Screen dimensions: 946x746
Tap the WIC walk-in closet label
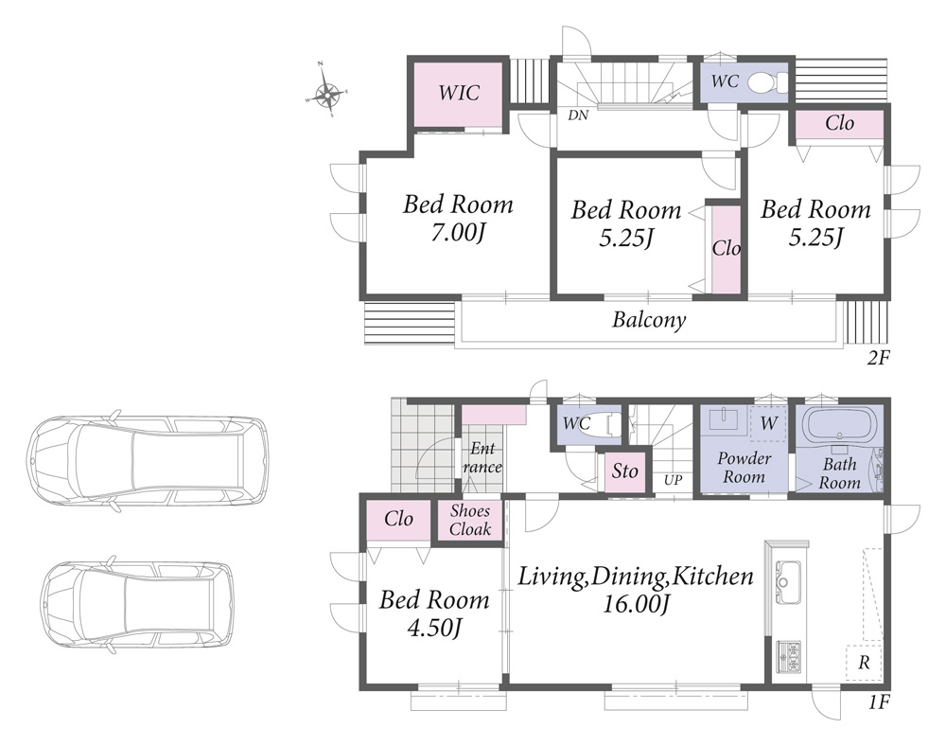click(x=459, y=93)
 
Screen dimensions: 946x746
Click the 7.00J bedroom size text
click(x=459, y=232)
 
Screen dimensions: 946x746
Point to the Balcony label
click(x=649, y=319)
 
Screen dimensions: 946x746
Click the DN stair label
click(x=578, y=115)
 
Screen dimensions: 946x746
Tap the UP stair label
click(x=673, y=480)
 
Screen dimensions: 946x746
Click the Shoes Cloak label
click(x=470, y=520)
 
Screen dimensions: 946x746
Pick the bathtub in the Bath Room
click(x=840, y=425)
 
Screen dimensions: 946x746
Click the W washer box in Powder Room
click(x=768, y=422)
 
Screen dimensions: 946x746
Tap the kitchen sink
click(x=787, y=580)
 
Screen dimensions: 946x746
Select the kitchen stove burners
click(x=788, y=656)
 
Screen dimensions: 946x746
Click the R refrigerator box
click(x=864, y=662)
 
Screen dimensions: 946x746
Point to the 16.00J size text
click(x=636, y=603)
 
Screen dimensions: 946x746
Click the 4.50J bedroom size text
click(x=434, y=629)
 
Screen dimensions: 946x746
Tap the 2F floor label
click(x=879, y=358)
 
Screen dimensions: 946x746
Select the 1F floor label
click(x=879, y=702)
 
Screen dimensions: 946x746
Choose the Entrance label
click(x=482, y=457)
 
